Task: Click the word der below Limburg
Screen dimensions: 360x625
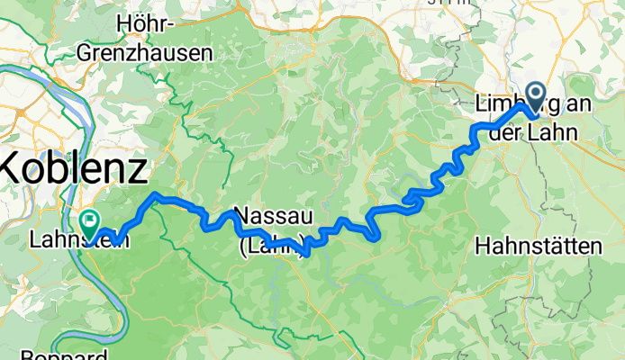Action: [x=505, y=127]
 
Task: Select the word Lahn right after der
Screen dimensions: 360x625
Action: [x=551, y=127]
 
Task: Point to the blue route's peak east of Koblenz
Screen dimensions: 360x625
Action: [x=158, y=194]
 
